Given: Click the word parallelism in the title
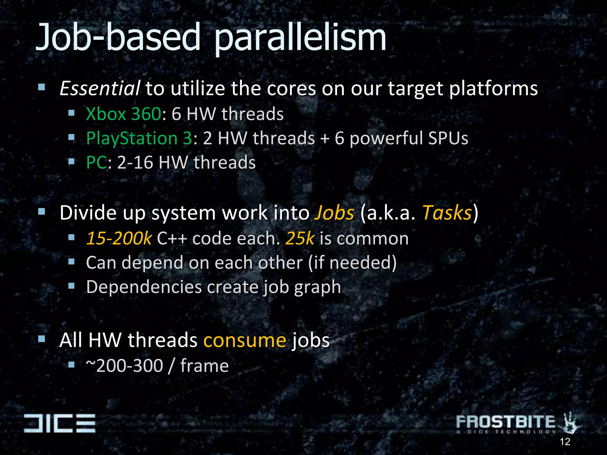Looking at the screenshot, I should point(300,39).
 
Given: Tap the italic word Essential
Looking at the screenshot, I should point(100,89).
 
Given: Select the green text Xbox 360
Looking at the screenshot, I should point(123,114).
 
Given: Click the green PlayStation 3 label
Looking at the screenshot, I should point(139,138).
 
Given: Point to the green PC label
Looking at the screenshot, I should point(96,163).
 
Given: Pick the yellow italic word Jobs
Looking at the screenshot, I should point(334,213).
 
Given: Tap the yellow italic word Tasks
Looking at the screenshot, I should point(447,213).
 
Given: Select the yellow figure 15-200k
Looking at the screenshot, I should point(119,238).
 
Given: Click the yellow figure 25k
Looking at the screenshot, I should point(300,238).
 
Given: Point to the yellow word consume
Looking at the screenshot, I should point(245,340).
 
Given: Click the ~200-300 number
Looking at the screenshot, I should point(124,366).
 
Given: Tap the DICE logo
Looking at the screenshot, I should point(60,423).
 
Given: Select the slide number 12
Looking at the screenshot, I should point(565,442).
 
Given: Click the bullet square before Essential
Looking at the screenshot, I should point(41,87).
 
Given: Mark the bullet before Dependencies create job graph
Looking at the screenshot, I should point(71,286).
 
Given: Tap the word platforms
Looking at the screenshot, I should point(493,89).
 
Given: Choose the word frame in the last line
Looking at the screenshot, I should point(205,366).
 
